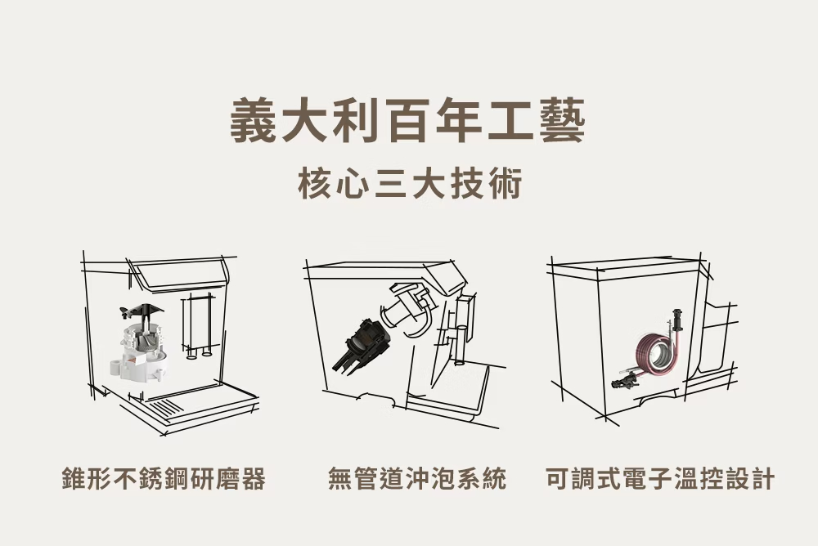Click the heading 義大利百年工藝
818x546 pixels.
coord(408,121)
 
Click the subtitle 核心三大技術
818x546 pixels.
coord(410,184)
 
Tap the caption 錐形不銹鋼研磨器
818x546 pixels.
coord(164,479)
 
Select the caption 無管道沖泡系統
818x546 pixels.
coord(417,479)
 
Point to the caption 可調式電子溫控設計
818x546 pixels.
coord(660,479)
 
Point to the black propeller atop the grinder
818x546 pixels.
coord(141,311)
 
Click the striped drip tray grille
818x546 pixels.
coord(166,406)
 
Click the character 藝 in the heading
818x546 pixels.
coord(561,121)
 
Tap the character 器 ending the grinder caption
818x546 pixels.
coord(254,479)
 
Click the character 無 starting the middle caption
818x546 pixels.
coord(340,479)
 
